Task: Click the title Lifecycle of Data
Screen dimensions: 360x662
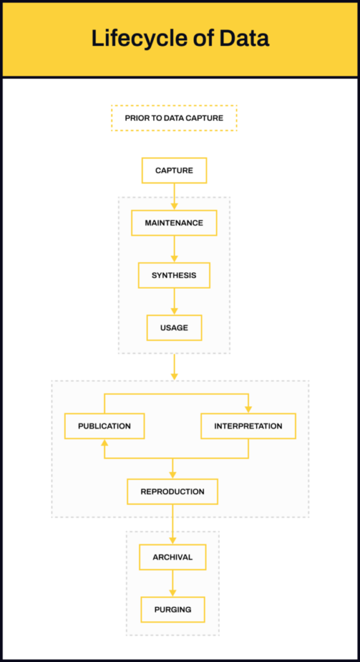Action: click(180, 39)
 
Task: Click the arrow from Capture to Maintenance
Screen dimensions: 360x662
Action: click(175, 197)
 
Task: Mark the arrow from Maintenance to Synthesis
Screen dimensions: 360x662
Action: click(175, 249)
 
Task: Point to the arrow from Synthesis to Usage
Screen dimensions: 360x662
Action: click(175, 301)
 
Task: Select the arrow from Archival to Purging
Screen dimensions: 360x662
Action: click(173, 584)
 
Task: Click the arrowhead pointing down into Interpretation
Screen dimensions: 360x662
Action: click(248, 409)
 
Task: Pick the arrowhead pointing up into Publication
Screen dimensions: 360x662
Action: click(105, 442)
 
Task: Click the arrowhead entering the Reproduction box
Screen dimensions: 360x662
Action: click(173, 475)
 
